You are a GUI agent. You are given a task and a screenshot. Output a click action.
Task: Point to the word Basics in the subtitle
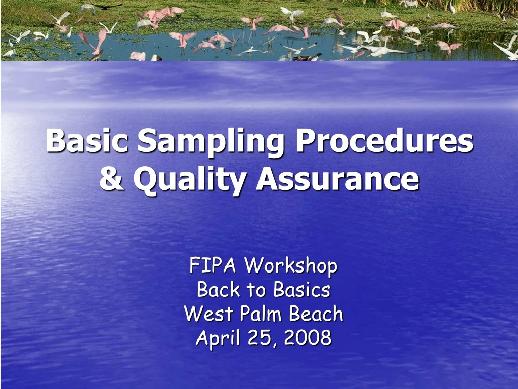[x=302, y=290]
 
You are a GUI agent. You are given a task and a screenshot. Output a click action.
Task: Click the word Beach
[x=316, y=314]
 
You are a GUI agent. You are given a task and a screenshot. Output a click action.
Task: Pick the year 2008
[x=308, y=338]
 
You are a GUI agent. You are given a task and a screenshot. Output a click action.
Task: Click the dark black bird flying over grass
[x=108, y=6]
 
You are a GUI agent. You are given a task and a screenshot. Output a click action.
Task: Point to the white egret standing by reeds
[x=452, y=8]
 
